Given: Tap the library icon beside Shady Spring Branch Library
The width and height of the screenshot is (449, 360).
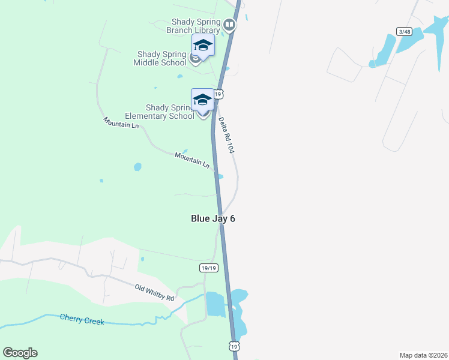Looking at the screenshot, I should click(229, 25).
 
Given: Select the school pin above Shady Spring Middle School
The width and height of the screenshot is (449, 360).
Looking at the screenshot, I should click(203, 46).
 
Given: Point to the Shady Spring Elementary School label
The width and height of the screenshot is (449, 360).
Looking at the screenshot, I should click(159, 112).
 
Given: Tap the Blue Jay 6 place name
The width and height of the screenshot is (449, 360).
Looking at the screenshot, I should click(212, 218).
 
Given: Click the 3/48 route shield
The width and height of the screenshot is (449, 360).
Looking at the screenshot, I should click(404, 31).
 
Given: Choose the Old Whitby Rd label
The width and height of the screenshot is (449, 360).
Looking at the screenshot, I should click(154, 293).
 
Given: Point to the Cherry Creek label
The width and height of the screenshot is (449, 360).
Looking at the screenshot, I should click(82, 319).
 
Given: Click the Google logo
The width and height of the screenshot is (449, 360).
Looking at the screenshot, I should click(20, 352).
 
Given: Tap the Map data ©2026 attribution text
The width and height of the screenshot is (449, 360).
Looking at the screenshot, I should click(423, 355).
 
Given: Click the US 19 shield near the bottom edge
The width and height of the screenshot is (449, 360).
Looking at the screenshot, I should click(234, 346).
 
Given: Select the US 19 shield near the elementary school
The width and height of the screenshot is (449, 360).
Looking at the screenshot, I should click(219, 94).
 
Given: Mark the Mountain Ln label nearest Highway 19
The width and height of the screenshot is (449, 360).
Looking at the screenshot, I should click(192, 160).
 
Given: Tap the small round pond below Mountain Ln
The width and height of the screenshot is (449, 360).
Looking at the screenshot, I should click(137, 167).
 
